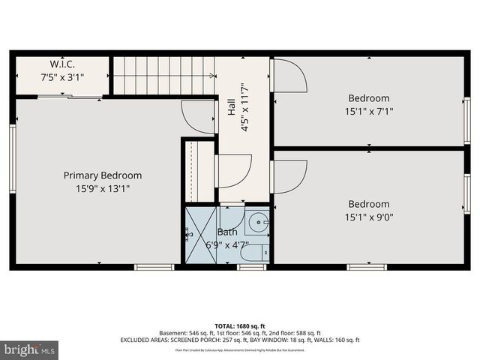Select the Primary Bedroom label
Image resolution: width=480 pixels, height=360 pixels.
(102, 175)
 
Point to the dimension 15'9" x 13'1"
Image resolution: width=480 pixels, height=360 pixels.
(102, 188)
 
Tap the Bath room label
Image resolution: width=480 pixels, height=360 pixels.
(227, 232)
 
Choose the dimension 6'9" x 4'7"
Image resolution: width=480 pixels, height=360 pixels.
(227, 244)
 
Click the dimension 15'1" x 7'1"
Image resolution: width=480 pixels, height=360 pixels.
(368, 111)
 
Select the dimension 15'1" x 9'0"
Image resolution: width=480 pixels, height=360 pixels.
(368, 217)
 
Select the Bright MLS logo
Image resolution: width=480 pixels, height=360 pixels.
(30, 349)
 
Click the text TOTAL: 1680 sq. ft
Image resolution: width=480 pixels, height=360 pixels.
(240, 325)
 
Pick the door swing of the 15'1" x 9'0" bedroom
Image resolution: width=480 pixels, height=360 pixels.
(289, 175)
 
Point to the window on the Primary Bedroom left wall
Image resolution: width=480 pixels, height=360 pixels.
(13, 149)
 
